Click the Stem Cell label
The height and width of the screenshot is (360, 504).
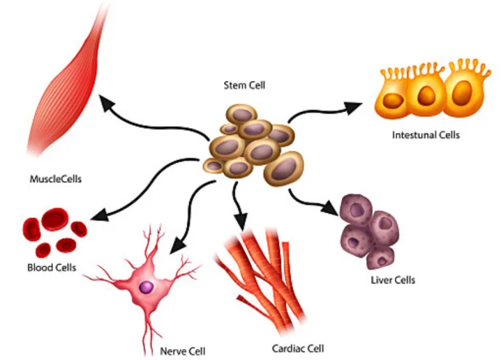point(244,85)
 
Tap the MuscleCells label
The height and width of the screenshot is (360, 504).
point(55,178)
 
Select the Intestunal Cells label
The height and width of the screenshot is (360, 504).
point(425,135)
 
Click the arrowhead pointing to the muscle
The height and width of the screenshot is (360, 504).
point(108,104)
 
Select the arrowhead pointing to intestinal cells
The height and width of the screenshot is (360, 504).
point(353,107)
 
